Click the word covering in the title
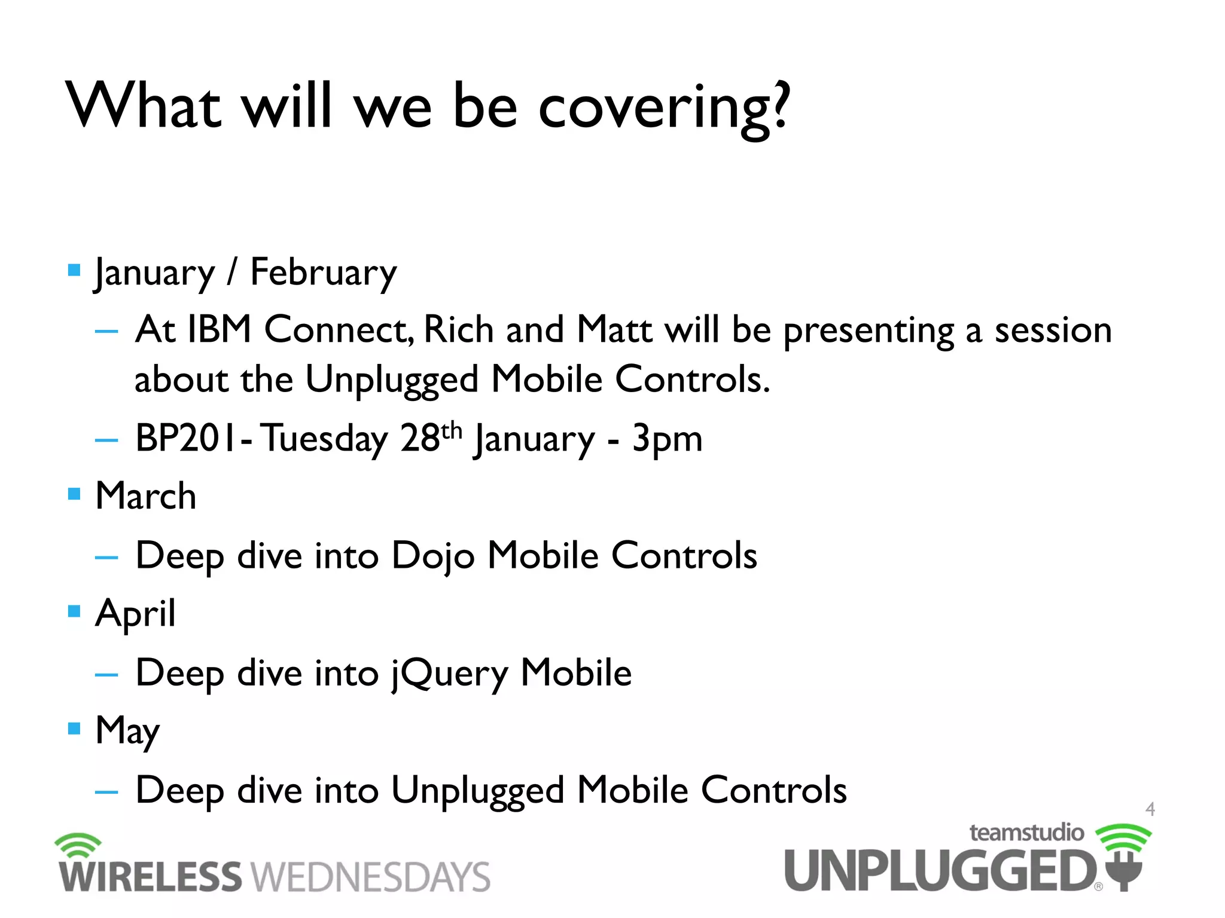click(x=664, y=108)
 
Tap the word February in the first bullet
click(x=323, y=273)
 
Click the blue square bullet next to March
click(x=74, y=494)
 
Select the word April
click(x=135, y=613)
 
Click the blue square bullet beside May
click(x=74, y=728)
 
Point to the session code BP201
click(x=186, y=437)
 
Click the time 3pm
click(x=667, y=439)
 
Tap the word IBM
click(x=219, y=330)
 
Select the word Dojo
click(x=433, y=556)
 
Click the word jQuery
click(x=450, y=674)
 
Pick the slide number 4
click(x=1150, y=809)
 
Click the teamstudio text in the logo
click(x=1026, y=833)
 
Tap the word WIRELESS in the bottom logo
click(x=150, y=877)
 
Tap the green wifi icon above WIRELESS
click(x=78, y=844)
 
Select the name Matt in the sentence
click(x=614, y=330)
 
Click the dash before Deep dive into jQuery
click(x=106, y=675)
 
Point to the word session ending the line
click(x=1053, y=330)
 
